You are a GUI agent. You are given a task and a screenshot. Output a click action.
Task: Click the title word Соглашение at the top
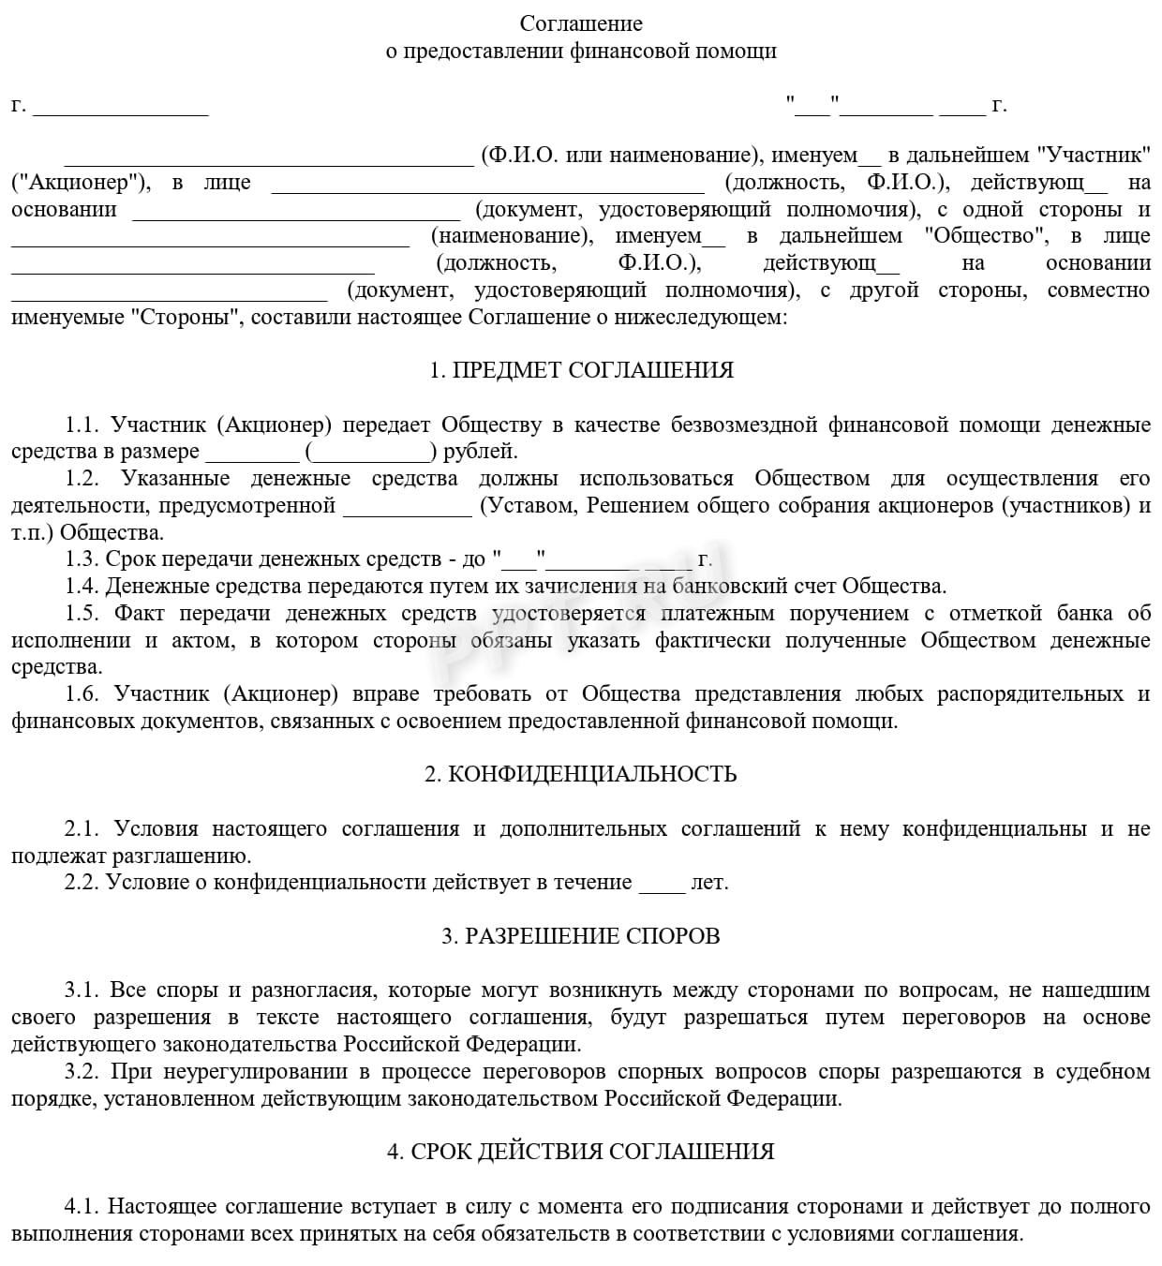point(581,23)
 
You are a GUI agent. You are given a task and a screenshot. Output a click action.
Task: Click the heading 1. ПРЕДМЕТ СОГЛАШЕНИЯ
point(581,370)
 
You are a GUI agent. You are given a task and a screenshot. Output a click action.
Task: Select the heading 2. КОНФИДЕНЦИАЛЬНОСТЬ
point(581,774)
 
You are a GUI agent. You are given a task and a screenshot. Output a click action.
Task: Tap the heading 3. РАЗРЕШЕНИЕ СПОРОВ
point(581,936)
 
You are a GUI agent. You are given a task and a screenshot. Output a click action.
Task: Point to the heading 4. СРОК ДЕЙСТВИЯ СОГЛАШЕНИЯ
point(581,1152)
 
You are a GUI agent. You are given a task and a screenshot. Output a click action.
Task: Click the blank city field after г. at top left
point(121,107)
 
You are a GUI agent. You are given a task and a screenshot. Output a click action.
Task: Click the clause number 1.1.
point(82,424)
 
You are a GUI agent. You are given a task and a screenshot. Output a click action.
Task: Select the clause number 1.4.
point(82,587)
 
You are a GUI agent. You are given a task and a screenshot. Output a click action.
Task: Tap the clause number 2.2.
point(82,883)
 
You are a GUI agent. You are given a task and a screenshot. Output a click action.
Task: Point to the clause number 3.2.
point(82,1072)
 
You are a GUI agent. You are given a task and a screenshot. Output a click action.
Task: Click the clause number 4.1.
point(82,1206)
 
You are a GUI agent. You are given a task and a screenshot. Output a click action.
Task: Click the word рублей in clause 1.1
point(480,452)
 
